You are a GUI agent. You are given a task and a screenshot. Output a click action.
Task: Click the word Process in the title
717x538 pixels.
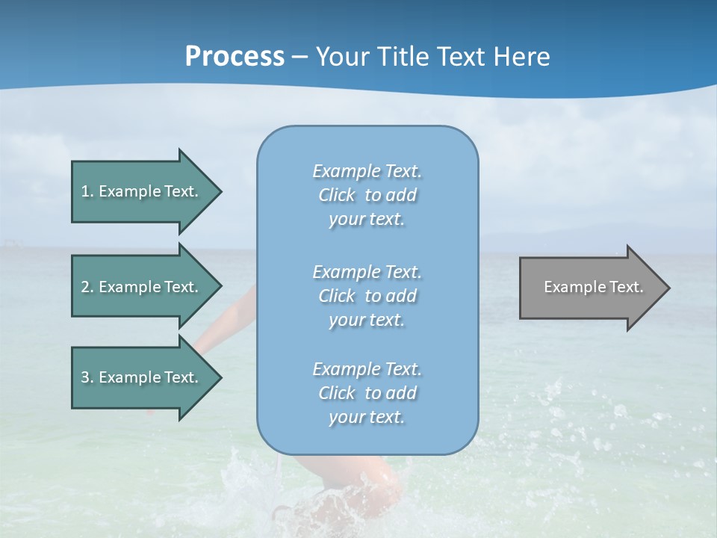235,57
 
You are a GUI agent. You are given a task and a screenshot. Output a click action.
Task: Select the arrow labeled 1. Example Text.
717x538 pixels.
142,191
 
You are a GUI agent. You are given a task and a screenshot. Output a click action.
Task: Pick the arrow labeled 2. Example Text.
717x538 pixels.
142,287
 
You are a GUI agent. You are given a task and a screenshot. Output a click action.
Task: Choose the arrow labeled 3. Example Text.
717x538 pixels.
142,377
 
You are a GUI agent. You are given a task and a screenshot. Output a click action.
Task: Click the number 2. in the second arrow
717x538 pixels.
87,287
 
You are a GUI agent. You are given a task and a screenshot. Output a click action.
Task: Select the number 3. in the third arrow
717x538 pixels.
87,377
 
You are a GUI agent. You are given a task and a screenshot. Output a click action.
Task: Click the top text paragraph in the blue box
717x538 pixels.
367,195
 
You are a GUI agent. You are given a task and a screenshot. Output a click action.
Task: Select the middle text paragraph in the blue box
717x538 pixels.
367,296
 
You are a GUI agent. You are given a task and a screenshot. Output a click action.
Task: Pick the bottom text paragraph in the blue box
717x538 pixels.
367,393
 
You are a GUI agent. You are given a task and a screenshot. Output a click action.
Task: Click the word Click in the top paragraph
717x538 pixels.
337,195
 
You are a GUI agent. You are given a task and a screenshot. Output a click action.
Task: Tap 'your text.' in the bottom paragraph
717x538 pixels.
367,417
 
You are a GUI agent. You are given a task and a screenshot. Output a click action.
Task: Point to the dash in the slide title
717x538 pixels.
300,57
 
